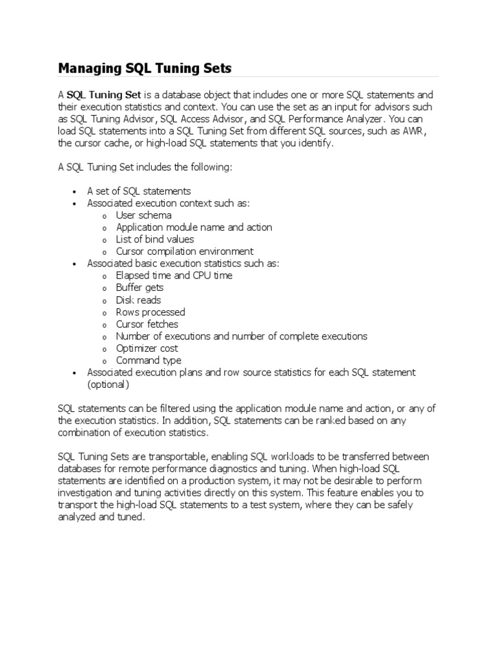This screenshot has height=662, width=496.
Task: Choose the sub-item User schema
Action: click(143, 215)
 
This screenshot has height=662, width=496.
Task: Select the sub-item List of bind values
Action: click(155, 239)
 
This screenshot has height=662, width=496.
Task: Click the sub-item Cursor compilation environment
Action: click(185, 251)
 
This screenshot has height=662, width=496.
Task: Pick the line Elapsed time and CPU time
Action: click(174, 275)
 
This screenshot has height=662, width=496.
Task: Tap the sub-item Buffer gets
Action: click(139, 288)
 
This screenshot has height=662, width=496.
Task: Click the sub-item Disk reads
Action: click(138, 300)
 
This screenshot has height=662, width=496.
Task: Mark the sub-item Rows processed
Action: click(150, 312)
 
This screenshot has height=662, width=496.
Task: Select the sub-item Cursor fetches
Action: click(147, 324)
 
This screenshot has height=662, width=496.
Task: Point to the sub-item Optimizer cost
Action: click(147, 348)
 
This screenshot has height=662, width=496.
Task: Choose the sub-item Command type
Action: click(149, 361)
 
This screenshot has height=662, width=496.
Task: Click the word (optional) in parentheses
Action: click(108, 385)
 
